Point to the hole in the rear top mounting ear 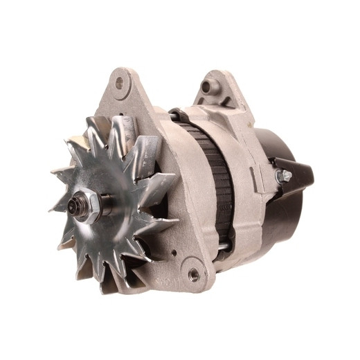click(x=206, y=88)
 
